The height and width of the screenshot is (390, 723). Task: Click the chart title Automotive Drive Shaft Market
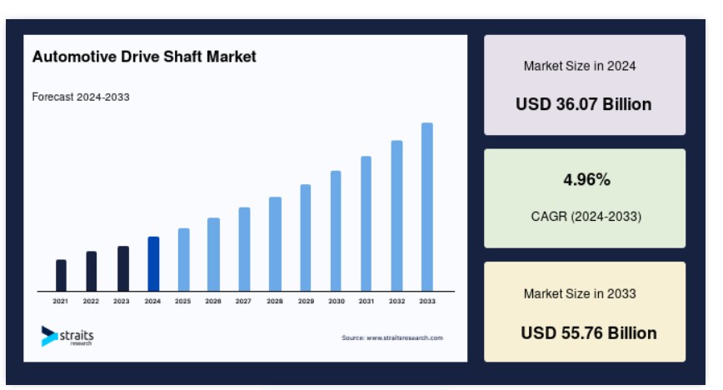144,57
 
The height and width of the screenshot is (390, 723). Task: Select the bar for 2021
61,276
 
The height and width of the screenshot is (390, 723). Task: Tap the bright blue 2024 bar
153,264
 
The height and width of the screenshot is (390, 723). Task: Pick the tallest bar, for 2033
427,207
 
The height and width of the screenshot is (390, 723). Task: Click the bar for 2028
275,244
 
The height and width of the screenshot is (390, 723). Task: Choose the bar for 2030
336,231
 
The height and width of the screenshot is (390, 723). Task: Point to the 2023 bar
123,268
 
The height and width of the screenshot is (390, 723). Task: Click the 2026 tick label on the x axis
213,302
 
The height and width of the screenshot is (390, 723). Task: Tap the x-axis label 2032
396,302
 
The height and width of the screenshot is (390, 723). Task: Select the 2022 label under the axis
91,302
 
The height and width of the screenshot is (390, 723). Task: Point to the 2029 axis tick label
306,302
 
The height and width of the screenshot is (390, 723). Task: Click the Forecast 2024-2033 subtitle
81,97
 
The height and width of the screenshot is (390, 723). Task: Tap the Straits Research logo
67,336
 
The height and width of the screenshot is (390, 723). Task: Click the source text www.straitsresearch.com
392,337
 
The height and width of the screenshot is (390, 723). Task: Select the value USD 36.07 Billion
584,104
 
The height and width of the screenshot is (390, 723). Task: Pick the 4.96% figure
586,179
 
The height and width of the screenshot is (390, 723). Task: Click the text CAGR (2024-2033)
586,217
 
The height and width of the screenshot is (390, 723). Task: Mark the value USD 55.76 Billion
589,333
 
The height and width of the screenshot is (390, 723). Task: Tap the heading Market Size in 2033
580,294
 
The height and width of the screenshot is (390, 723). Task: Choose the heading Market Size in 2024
580,66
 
